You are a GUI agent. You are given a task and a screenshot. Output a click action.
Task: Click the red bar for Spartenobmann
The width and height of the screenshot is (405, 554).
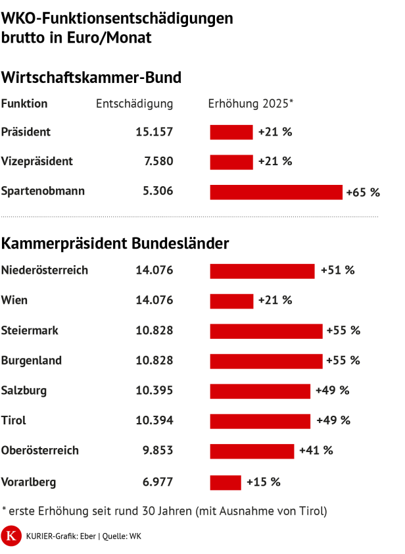(276, 192)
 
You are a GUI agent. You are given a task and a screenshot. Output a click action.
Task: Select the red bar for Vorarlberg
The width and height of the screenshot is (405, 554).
(226, 482)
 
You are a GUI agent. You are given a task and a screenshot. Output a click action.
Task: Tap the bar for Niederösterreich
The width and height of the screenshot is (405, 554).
(262, 270)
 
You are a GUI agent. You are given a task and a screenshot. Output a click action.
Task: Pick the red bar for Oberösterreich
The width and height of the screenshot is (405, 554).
(252, 451)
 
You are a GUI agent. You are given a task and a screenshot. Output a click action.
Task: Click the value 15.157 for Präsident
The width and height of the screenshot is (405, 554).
(154, 132)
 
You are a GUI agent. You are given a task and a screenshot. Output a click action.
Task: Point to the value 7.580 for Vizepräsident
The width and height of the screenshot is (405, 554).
(158, 162)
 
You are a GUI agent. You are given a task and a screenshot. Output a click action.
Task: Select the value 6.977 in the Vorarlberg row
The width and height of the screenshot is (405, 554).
(158, 482)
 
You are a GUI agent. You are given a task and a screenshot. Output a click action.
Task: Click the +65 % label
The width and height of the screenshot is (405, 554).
(363, 193)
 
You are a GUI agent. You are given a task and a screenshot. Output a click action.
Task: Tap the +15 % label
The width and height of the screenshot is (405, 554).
(263, 482)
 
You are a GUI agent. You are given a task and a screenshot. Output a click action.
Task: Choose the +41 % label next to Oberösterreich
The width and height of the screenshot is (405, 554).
(316, 451)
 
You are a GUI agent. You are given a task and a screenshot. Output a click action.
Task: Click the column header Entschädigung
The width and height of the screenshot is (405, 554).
(135, 104)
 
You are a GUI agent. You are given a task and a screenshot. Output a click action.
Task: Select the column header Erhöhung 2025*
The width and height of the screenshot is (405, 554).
(250, 104)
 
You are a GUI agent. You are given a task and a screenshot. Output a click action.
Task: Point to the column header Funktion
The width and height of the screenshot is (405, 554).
(24, 104)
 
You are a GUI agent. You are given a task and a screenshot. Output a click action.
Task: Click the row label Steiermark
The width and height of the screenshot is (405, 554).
(30, 330)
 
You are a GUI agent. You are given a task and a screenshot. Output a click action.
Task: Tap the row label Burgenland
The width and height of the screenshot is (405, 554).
(32, 361)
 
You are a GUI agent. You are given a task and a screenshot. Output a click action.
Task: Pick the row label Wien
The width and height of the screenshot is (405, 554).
(14, 301)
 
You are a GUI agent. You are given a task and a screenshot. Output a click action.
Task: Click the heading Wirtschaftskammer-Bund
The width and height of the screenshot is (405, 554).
(91, 78)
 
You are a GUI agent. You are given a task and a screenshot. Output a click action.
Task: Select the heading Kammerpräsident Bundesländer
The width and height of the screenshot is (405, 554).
(115, 244)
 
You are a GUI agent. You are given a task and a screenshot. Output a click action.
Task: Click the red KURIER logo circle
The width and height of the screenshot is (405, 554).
(11, 536)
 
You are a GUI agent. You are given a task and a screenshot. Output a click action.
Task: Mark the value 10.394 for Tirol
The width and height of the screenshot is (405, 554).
(154, 420)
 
